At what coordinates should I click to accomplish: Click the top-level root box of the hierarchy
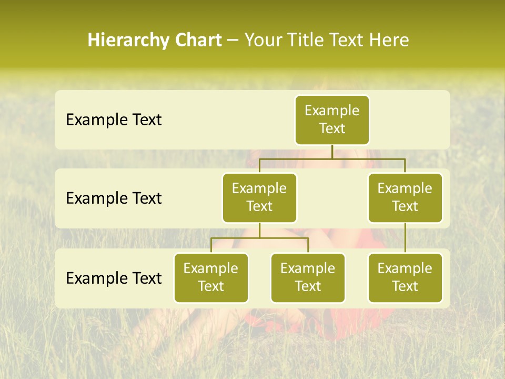pyautogui.click(x=332, y=119)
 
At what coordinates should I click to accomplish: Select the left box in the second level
pyautogui.click(x=259, y=197)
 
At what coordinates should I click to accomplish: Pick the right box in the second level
pyautogui.click(x=405, y=197)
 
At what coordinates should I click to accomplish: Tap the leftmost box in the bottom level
pyautogui.click(x=211, y=277)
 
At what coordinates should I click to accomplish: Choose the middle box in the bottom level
pyautogui.click(x=308, y=277)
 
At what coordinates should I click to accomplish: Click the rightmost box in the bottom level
pyautogui.click(x=405, y=277)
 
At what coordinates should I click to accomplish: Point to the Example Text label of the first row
pyautogui.click(x=114, y=120)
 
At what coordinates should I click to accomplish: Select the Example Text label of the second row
pyautogui.click(x=114, y=198)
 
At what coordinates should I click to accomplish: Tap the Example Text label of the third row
pyautogui.click(x=114, y=278)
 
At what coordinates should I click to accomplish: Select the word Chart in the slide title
pyautogui.click(x=198, y=41)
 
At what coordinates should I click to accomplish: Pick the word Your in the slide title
pyautogui.click(x=263, y=41)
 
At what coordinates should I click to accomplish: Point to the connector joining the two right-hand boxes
pyautogui.click(x=405, y=238)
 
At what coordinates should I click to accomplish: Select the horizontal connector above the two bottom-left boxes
pyautogui.click(x=259, y=238)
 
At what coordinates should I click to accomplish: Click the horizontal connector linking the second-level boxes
pyautogui.click(x=332, y=158)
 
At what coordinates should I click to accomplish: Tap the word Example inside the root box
pyautogui.click(x=332, y=111)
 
